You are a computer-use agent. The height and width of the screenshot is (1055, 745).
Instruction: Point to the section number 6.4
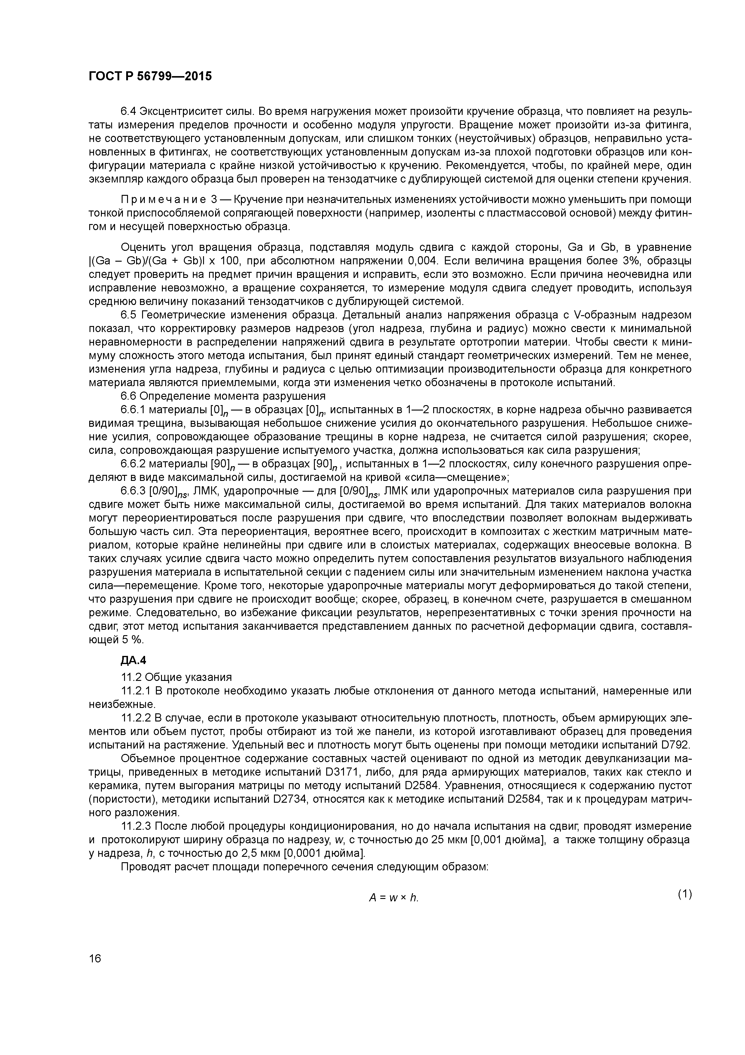pos(129,111)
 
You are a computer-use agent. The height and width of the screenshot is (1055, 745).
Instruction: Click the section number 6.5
pos(129,315)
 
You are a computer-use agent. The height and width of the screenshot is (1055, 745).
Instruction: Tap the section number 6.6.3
pos(133,491)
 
